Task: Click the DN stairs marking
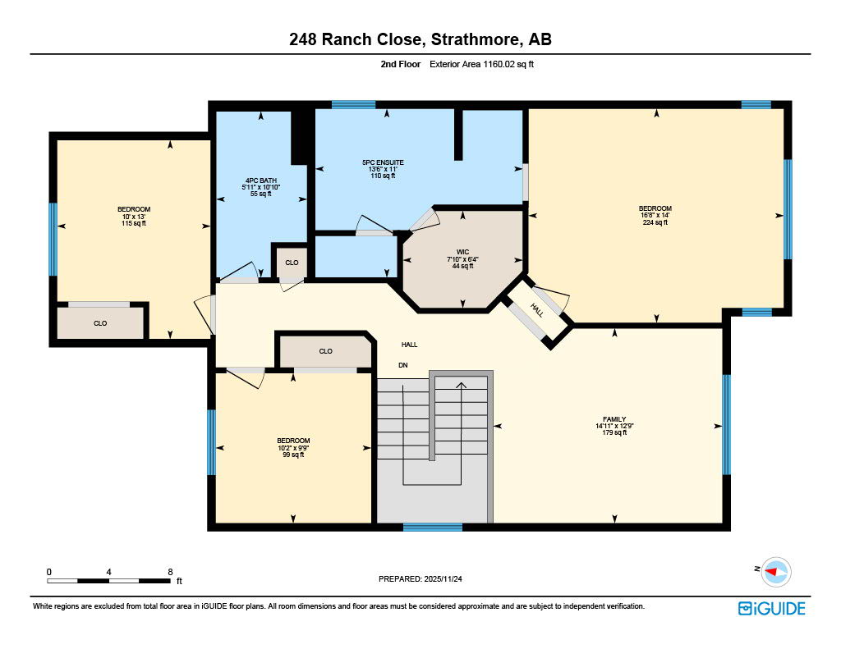402,364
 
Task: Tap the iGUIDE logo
771,608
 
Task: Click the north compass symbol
775,572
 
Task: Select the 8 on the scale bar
169,571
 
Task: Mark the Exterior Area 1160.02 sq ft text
488,63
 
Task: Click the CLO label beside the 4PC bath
292,263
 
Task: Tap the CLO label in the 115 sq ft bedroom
99,323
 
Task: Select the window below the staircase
432,527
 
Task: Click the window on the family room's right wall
726,424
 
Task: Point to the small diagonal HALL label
536,309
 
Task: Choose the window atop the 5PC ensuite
353,104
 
